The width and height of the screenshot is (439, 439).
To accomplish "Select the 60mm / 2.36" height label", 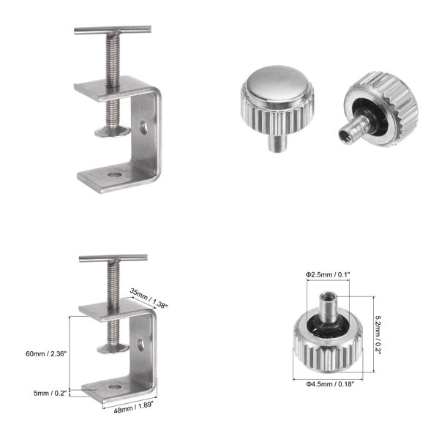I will tap(46, 354).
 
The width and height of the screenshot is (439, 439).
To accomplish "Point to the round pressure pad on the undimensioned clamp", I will tap(112, 132).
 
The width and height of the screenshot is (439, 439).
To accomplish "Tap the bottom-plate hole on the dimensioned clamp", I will tap(113, 386).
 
